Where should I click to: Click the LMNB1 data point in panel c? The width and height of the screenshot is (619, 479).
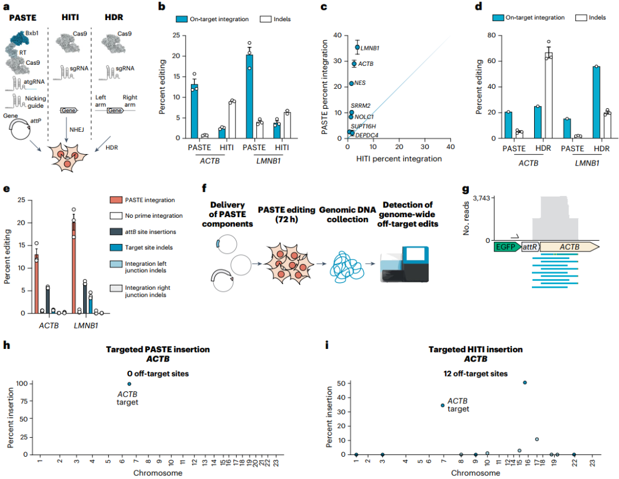[357, 48]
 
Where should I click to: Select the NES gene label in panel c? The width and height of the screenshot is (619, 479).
[360, 83]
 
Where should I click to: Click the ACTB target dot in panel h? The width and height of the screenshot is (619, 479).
[130, 384]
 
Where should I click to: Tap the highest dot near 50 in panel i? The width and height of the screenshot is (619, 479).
[525, 382]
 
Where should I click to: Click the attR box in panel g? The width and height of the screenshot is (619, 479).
[530, 247]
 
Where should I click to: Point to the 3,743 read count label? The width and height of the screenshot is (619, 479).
[476, 198]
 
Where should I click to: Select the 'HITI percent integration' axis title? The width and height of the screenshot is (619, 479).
[399, 159]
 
